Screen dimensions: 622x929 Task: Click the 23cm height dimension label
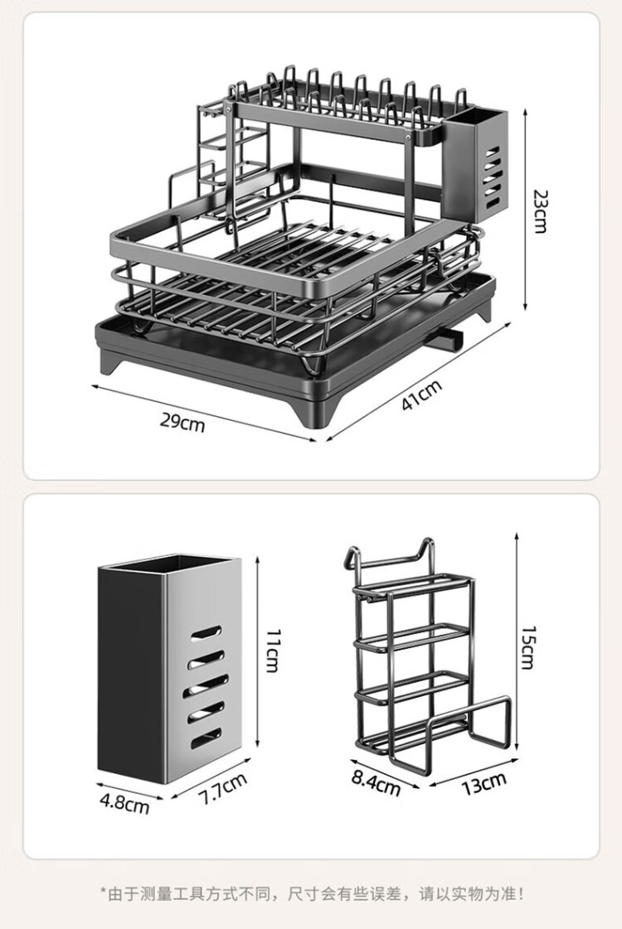point(539,211)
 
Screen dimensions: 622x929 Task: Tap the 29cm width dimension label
point(182,422)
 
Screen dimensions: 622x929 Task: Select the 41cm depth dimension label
point(421,394)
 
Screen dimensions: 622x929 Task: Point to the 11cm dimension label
point(271,651)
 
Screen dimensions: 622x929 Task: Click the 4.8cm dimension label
point(124,803)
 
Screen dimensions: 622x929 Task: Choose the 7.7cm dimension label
point(221,789)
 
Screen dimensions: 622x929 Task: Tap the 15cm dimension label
point(527,647)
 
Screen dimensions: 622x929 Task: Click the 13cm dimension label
point(484,783)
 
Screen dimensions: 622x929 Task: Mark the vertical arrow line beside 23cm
point(525,210)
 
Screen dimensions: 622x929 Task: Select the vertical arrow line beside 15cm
point(517,641)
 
